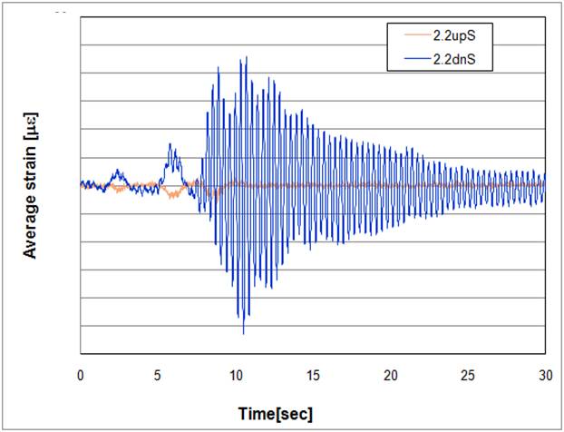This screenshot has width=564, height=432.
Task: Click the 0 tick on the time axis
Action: point(80,374)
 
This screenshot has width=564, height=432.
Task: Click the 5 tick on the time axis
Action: point(158,374)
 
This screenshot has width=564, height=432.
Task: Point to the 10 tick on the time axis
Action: point(236,374)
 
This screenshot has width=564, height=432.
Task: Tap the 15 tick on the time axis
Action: point(313,374)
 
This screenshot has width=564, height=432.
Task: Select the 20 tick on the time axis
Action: point(391,374)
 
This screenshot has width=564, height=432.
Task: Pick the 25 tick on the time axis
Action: point(468,374)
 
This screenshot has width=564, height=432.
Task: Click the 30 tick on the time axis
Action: point(545,374)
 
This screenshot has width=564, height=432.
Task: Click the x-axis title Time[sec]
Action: point(276,414)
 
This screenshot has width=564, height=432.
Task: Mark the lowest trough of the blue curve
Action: point(243,333)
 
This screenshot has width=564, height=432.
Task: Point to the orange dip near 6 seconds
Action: point(171,195)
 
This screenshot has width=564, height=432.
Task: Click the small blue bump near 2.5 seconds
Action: point(117,171)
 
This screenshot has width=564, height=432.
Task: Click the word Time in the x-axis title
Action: point(257,414)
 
